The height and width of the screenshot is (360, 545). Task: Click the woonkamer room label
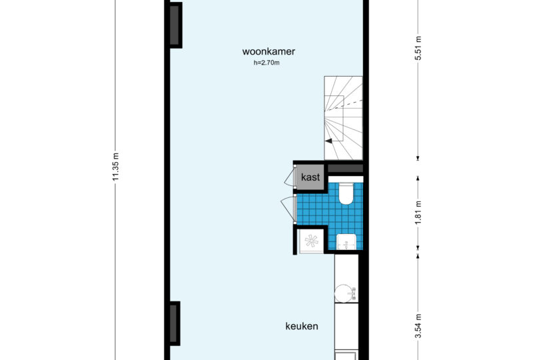click(269, 51)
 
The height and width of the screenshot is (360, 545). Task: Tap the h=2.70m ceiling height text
click(267, 63)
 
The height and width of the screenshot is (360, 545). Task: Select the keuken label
click(302, 326)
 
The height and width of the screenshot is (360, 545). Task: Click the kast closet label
click(310, 177)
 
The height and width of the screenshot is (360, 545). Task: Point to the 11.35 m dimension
click(116, 167)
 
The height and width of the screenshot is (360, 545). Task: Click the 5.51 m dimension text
click(418, 49)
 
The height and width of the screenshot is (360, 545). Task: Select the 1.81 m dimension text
click(418, 212)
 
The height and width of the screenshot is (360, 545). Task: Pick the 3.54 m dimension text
click(418, 326)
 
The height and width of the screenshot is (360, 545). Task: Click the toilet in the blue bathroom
click(346, 193)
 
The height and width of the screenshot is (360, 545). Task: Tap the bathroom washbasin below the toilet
click(346, 242)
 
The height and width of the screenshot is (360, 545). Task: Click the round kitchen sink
click(343, 293)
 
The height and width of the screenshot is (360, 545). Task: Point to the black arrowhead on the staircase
click(328, 141)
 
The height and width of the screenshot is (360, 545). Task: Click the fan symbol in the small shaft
click(311, 241)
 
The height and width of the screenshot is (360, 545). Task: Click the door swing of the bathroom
click(287, 209)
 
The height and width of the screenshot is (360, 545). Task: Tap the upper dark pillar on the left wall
click(175, 25)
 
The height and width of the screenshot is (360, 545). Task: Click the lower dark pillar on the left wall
click(175, 323)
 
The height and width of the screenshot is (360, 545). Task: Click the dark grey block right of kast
click(345, 169)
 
